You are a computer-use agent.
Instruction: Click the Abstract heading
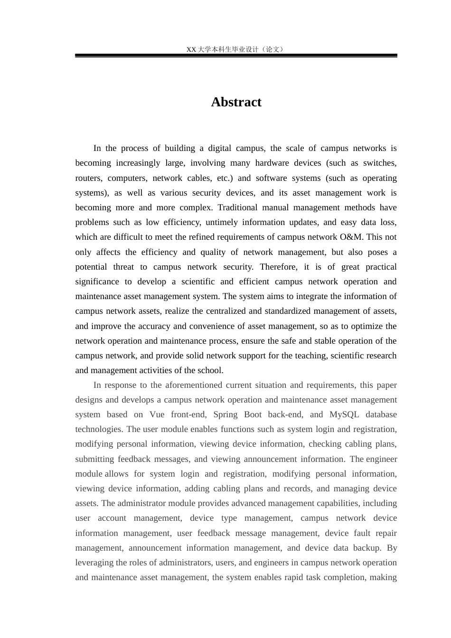236,102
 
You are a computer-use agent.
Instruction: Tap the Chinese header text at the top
236,49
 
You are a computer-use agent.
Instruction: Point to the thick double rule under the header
236,56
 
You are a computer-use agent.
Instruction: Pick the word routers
88,178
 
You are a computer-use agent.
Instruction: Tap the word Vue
157,414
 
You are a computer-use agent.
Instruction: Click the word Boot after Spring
253,414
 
